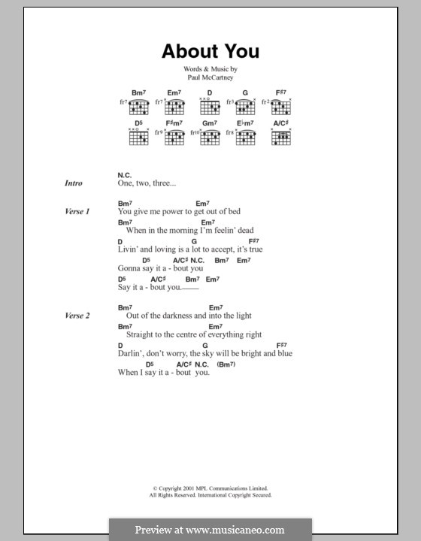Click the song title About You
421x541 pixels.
pyautogui.click(x=210, y=52)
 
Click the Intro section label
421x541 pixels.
pyautogui.click(x=74, y=183)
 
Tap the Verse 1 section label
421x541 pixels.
pyautogui.click(x=77, y=212)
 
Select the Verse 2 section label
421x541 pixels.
pyautogui.click(x=77, y=316)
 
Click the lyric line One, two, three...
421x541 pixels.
pyautogui.click(x=147, y=183)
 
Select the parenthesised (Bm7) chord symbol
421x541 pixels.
pyautogui.click(x=226, y=364)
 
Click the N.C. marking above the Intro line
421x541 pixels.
pyautogui.click(x=125, y=172)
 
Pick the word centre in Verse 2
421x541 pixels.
pyautogui.click(x=186, y=334)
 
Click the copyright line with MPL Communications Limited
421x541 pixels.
pyautogui.click(x=210, y=488)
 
